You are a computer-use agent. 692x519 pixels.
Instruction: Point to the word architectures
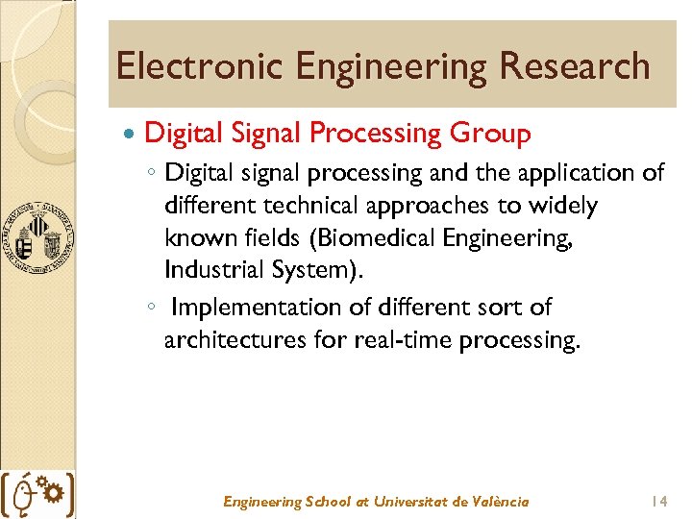pos(232,340)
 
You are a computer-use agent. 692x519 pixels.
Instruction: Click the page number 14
pos(658,501)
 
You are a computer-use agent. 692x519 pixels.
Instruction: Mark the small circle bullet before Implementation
pos(152,309)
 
